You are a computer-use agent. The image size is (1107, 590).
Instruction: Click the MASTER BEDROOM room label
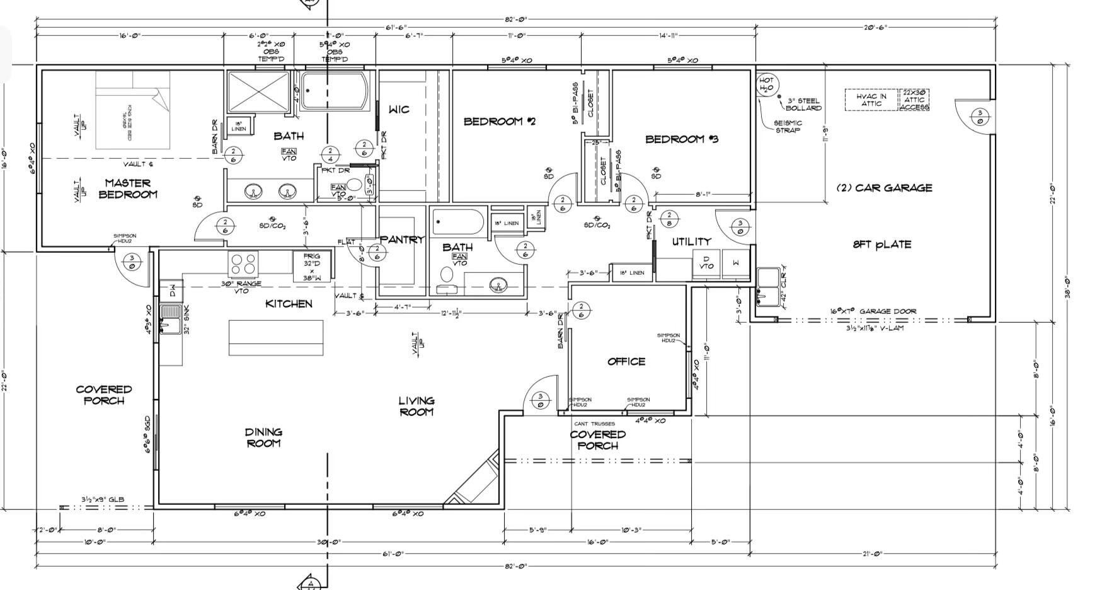point(127,188)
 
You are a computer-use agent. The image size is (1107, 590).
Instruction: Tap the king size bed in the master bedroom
point(132,110)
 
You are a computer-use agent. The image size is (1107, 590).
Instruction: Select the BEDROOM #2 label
point(499,121)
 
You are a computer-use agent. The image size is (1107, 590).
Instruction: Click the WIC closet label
point(398,110)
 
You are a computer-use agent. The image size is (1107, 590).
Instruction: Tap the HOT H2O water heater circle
point(766,84)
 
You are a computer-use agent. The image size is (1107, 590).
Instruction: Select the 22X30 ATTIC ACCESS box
point(914,100)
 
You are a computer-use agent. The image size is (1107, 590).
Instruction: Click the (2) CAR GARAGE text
point(884,188)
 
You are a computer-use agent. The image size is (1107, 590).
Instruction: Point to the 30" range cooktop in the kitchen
point(244,263)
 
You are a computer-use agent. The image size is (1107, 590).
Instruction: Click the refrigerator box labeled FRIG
point(312,266)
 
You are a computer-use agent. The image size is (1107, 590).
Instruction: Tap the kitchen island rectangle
point(275,338)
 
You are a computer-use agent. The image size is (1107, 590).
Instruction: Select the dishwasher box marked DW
point(171,291)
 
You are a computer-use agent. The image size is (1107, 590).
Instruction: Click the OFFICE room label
point(626,361)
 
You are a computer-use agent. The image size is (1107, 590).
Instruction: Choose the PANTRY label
point(402,240)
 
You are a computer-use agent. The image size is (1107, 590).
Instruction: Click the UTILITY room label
point(691,241)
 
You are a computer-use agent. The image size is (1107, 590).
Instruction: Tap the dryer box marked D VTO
point(706,262)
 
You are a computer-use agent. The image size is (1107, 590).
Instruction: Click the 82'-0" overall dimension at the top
point(515,20)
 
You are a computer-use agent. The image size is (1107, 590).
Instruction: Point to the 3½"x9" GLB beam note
point(102,499)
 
